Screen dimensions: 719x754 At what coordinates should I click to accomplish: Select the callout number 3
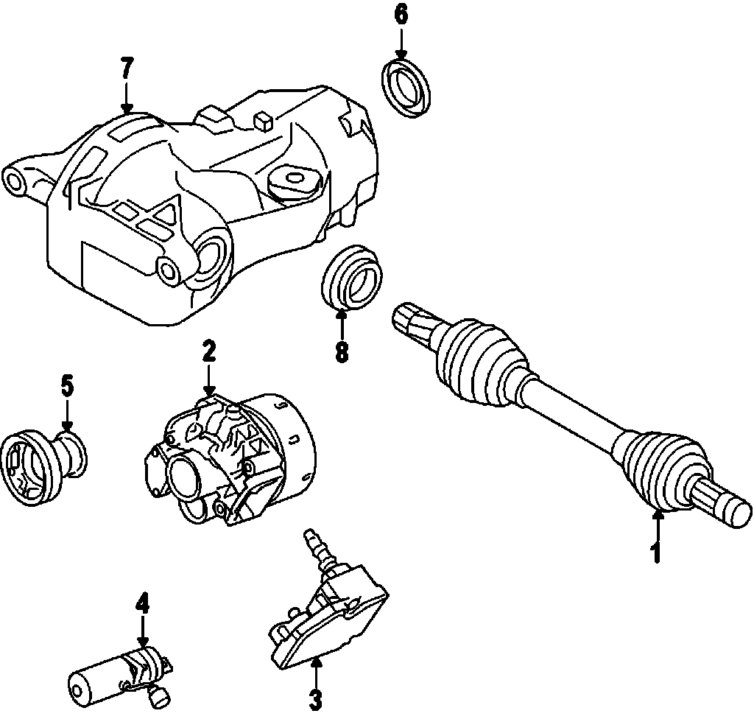(x=315, y=698)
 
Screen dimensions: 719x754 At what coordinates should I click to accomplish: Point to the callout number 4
(x=142, y=605)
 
